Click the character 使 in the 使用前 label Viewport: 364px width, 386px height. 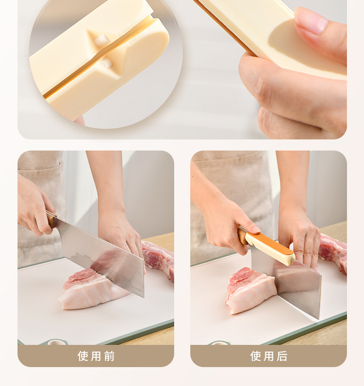pyautogui.click(x=83, y=356)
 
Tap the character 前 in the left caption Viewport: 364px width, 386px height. pyautogui.click(x=109, y=356)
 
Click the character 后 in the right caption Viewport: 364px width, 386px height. pyautogui.click(x=282, y=356)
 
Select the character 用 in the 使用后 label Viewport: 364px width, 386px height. pyautogui.click(x=269, y=356)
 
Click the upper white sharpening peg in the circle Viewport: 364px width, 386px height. pyautogui.click(x=102, y=40)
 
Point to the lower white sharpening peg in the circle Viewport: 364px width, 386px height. pyautogui.click(x=107, y=63)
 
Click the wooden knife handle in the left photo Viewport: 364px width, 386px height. pyautogui.click(x=51, y=219)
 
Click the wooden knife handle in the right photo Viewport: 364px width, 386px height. pyautogui.click(x=243, y=235)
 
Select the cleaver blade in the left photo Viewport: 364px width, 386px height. pyautogui.click(x=101, y=256)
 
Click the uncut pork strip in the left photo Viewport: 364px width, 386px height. pyautogui.click(x=159, y=259)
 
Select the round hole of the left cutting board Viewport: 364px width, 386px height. pyautogui.click(x=57, y=342)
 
